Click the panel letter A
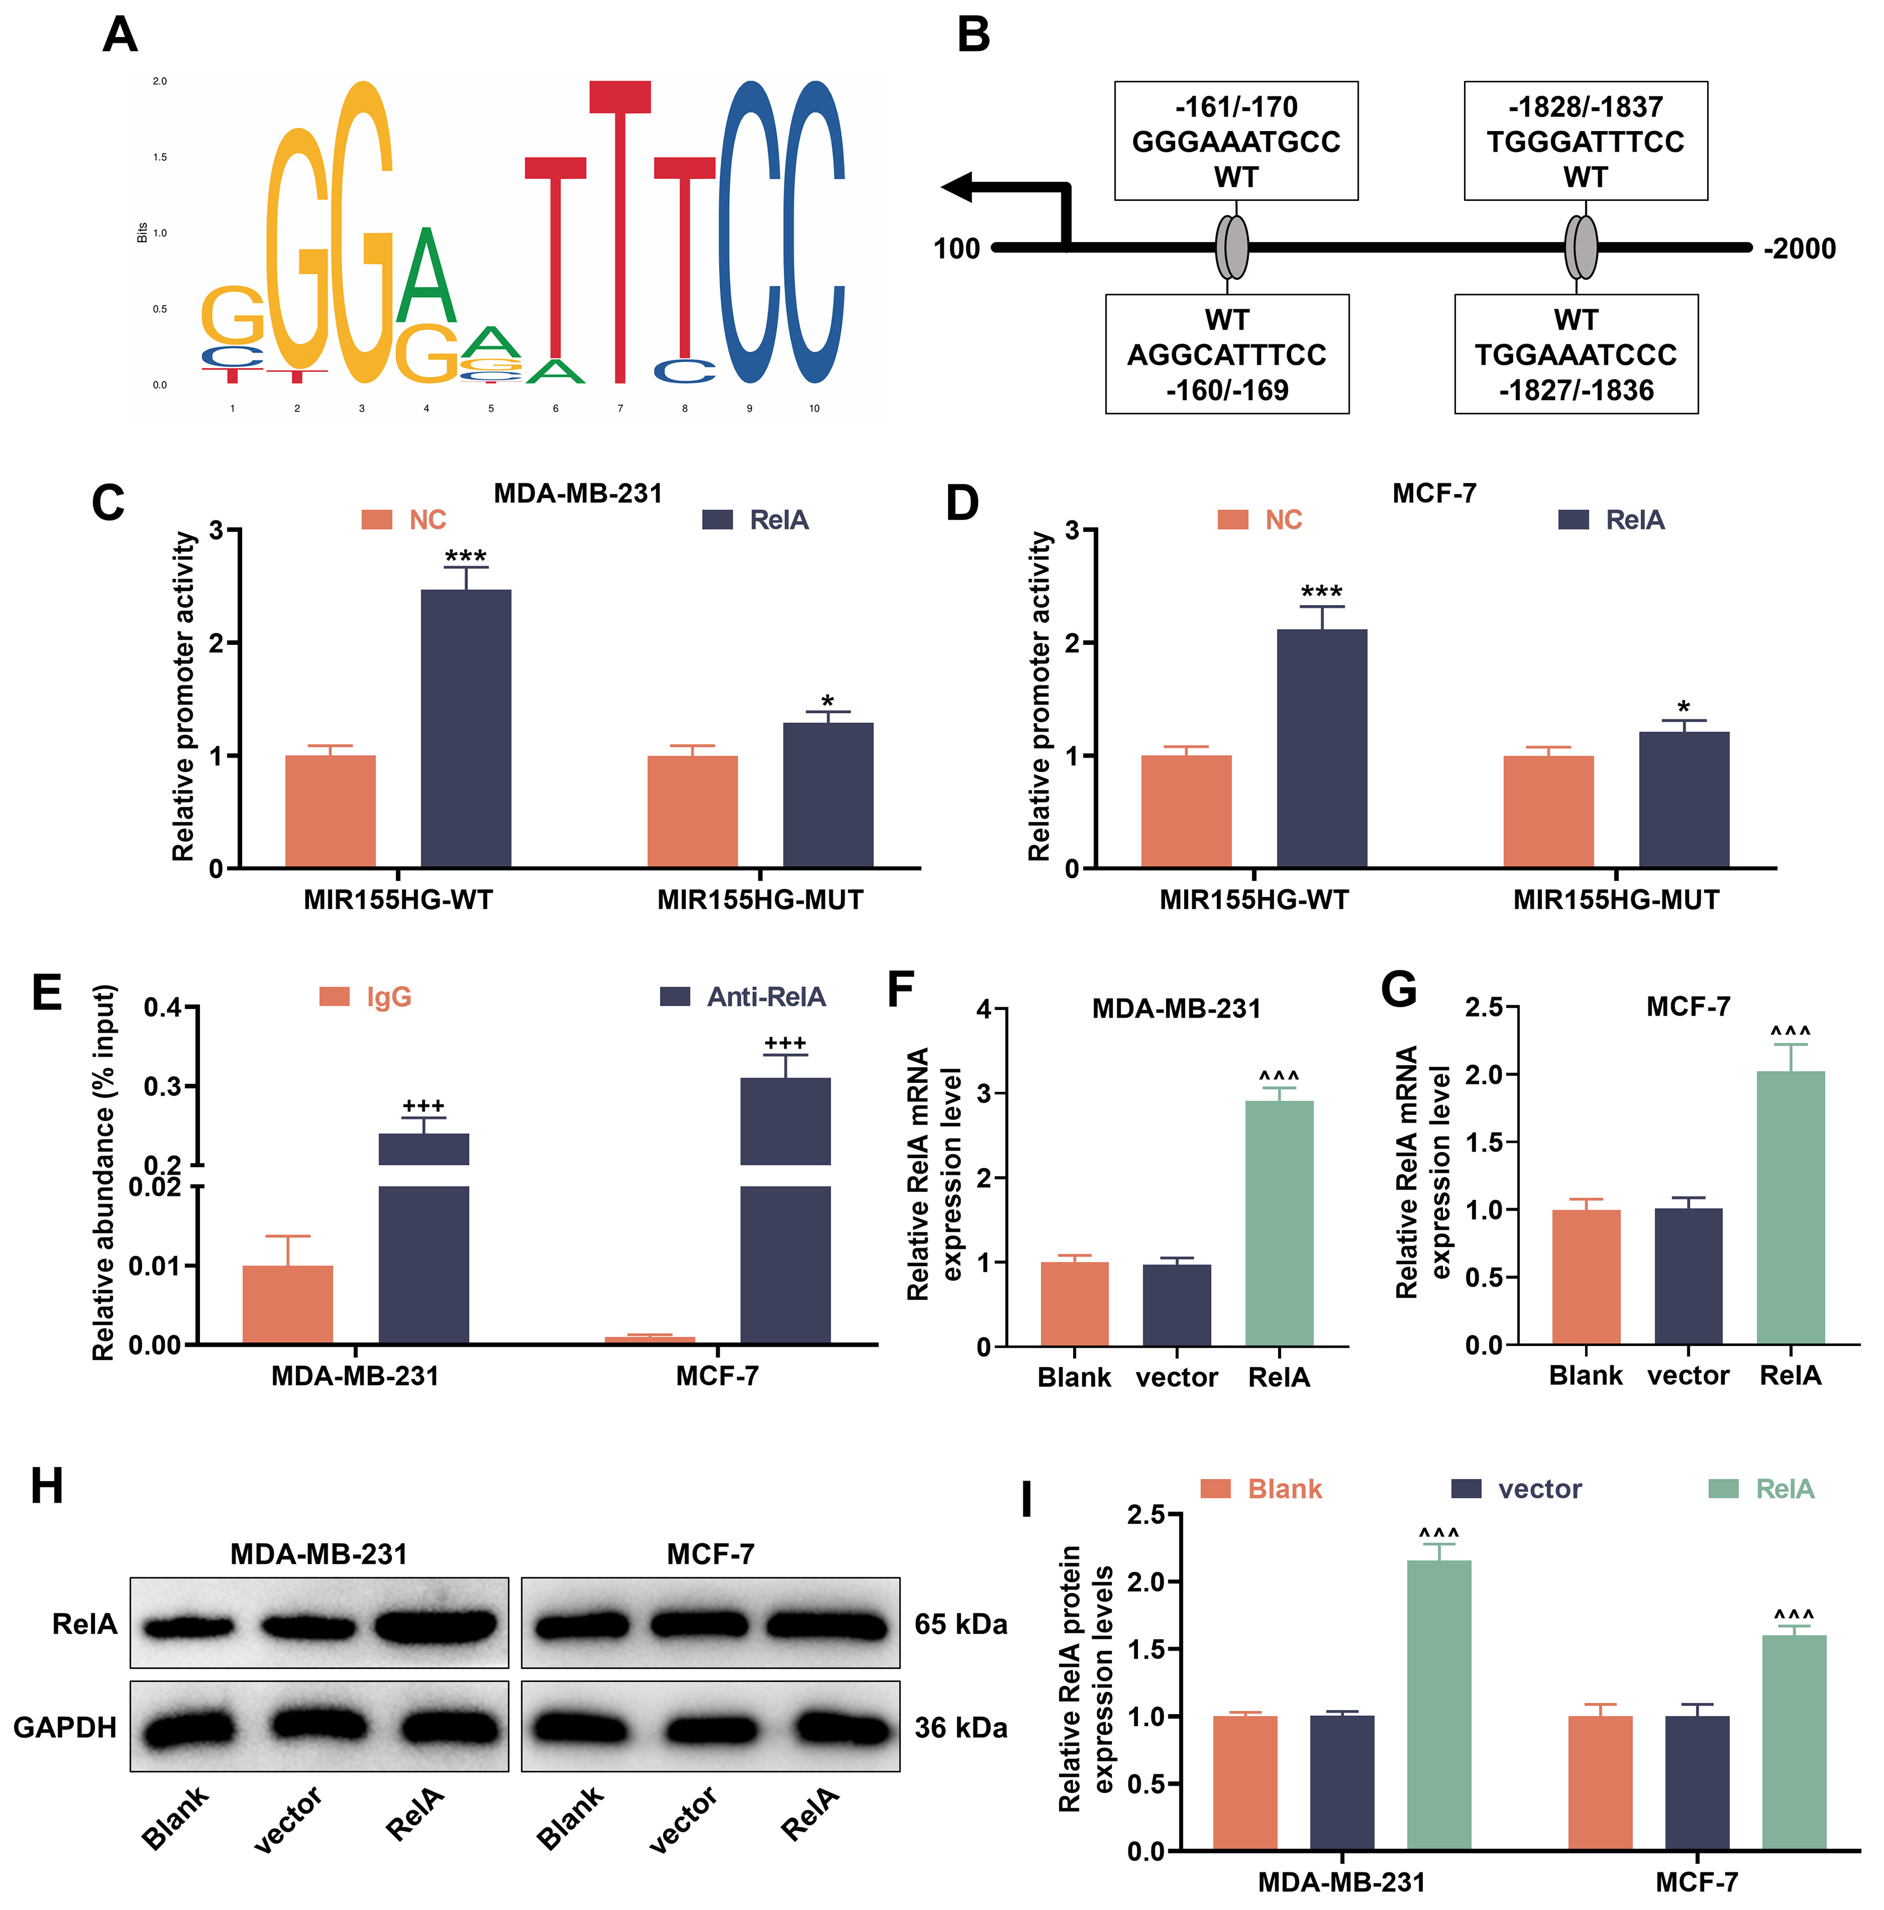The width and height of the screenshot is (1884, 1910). coord(120,35)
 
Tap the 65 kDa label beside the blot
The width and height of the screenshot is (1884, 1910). coord(960,1624)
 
